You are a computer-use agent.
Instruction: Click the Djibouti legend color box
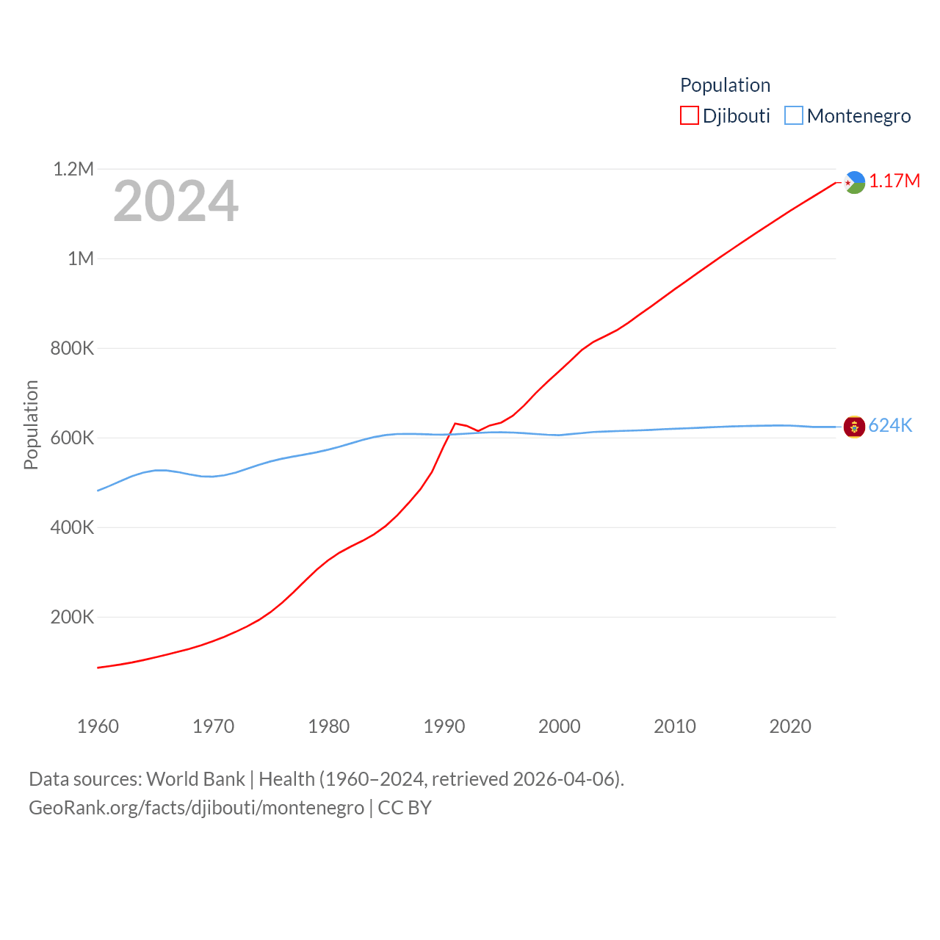pyautogui.click(x=689, y=116)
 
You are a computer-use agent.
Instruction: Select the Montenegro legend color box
pyautogui.click(x=794, y=116)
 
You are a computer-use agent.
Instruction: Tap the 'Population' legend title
pyautogui.click(x=725, y=85)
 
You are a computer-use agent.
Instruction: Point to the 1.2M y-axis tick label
pyautogui.click(x=73, y=170)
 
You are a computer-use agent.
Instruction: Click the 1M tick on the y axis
pyautogui.click(x=81, y=259)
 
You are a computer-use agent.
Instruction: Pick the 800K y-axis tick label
pyautogui.click(x=72, y=349)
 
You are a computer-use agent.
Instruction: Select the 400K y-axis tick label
pyautogui.click(x=72, y=528)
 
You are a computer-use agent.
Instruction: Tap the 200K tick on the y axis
pyautogui.click(x=72, y=618)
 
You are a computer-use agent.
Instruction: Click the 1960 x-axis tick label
pyautogui.click(x=98, y=727)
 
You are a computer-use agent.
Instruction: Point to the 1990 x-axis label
pyautogui.click(x=444, y=727)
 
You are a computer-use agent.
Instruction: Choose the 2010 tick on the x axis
pyautogui.click(x=675, y=727)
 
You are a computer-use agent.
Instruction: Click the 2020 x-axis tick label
pyautogui.click(x=790, y=727)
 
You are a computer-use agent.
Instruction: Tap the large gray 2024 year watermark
pyautogui.click(x=176, y=201)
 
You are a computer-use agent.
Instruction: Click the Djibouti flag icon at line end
pyautogui.click(x=854, y=182)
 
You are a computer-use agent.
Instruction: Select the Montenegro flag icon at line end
pyautogui.click(x=854, y=427)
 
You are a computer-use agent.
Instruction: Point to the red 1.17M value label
pyautogui.click(x=894, y=181)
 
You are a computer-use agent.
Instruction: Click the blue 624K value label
pyautogui.click(x=890, y=426)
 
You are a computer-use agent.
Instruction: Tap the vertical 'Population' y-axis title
pyautogui.click(x=31, y=424)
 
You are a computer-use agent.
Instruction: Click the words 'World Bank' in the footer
pyautogui.click(x=195, y=779)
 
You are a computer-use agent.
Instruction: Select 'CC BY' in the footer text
pyautogui.click(x=405, y=809)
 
